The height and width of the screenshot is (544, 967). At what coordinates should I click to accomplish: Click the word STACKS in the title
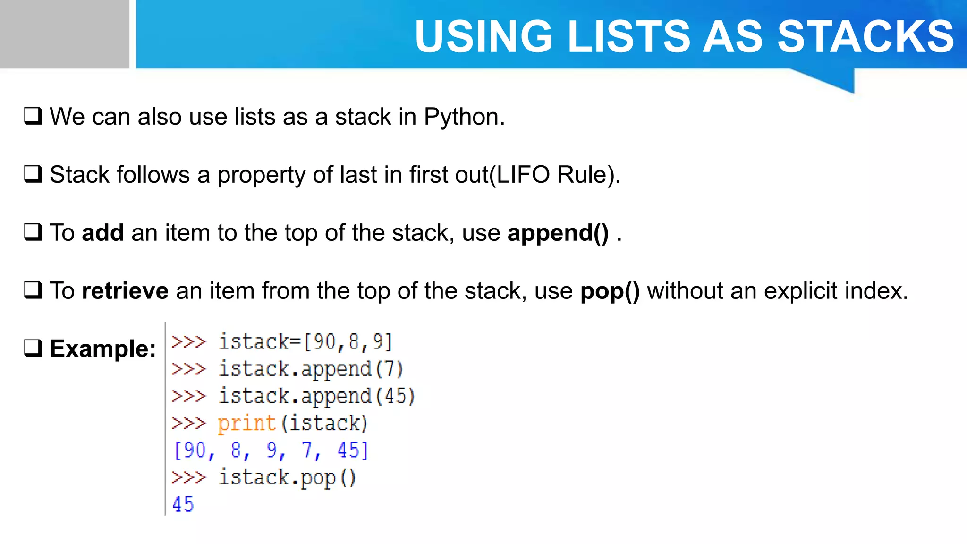865,37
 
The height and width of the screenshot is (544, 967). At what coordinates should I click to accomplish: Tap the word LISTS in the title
628,37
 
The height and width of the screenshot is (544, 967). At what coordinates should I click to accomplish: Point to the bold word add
102,233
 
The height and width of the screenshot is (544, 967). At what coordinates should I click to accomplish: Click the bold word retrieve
125,291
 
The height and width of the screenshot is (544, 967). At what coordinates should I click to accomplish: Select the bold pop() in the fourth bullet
610,291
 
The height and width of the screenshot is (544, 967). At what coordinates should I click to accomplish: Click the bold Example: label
103,349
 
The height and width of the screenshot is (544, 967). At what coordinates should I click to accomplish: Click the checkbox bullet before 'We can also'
33,116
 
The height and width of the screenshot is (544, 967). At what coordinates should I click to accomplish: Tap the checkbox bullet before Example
33,348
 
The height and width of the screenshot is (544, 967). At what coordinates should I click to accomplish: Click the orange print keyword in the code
246,423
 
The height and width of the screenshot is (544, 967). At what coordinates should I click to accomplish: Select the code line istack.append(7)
310,369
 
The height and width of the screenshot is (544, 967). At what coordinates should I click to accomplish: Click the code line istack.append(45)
316,396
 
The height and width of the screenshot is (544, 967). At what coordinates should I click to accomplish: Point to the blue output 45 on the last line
183,505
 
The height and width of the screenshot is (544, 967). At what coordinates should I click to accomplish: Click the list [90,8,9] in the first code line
348,342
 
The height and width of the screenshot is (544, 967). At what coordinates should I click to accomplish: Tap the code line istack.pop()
287,477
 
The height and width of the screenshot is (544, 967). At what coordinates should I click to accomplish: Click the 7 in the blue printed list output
307,450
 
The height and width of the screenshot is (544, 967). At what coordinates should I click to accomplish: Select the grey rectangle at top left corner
64,34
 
